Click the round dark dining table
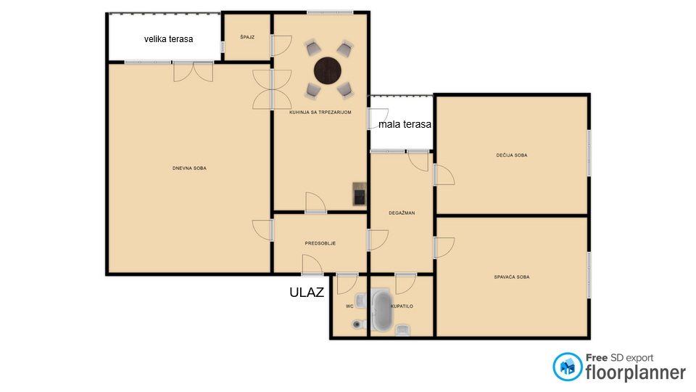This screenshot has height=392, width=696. coord(328,70)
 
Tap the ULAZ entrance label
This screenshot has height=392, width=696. coord(307,292)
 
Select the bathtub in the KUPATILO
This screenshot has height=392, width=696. coord(382,310)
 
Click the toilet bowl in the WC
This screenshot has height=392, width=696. coord(357,324)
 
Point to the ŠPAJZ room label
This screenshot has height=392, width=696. coord(247,37)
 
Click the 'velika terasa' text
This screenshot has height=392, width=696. coord(169,39)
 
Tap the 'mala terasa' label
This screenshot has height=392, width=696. coord(405,124)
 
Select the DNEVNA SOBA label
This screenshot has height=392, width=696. coord(189,168)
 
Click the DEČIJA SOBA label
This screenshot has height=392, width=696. coord(512,155)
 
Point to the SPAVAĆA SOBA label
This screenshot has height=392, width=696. coord(512,277)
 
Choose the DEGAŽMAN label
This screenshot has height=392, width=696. coord(402,213)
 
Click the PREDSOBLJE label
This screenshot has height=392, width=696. coord(320,244)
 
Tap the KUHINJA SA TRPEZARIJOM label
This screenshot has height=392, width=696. coord(320,113)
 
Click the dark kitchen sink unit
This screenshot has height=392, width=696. coord(359,194)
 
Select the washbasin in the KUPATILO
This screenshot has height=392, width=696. coord(403,330)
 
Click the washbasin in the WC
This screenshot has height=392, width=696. coord(360,301)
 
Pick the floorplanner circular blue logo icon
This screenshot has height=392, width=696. coord(567,367)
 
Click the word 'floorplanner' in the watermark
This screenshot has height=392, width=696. coord(636,372)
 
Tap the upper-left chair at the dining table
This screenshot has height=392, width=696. coord(312,47)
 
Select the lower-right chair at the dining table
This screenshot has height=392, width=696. coord(345,90)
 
